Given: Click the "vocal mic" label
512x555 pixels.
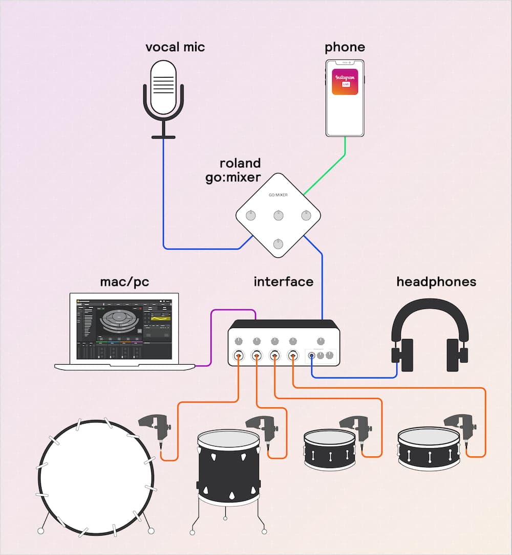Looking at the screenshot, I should point(175,48).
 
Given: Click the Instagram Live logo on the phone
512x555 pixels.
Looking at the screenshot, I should point(345,82).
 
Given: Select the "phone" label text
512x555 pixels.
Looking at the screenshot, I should point(345,48).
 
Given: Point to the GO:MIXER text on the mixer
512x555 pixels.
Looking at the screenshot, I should point(278,195).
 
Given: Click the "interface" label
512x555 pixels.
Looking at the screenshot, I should point(283,282).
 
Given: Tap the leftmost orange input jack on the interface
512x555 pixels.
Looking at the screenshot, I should point(239,356).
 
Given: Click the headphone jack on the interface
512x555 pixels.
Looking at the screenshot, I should point(311,356).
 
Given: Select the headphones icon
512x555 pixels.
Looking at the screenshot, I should point(430,335).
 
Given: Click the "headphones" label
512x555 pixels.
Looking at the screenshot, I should point(436,282).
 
